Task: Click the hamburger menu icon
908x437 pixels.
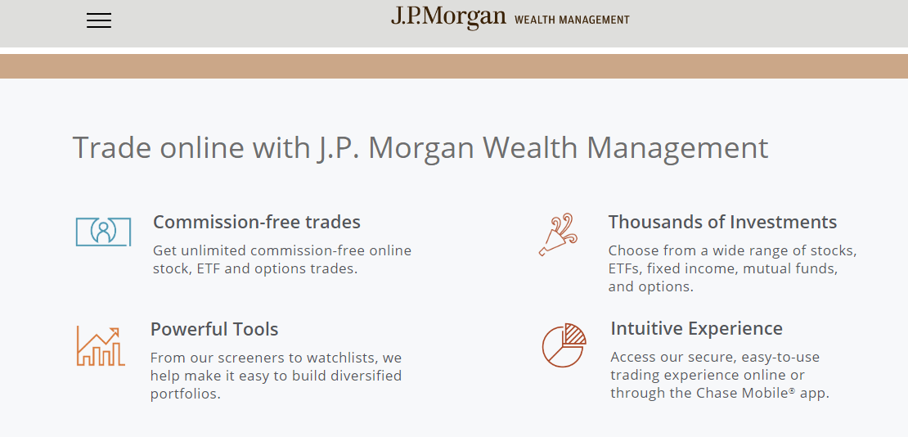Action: point(99,20)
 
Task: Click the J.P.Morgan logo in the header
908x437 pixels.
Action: point(448,17)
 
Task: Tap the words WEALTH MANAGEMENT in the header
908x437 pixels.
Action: point(572,20)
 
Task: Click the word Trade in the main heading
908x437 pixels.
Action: point(112,147)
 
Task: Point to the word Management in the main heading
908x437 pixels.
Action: point(677,148)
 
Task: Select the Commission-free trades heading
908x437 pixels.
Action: point(257,222)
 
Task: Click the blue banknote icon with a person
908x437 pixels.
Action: point(103,232)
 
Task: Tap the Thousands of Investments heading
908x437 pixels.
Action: point(722,222)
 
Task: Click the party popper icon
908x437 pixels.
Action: point(558,235)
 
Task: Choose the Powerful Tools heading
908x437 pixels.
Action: point(214,329)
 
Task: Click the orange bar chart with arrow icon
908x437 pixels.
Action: point(100,346)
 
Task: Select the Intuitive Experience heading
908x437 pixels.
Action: point(697,329)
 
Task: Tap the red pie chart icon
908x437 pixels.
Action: point(564,345)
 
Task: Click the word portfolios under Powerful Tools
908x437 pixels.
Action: point(186,394)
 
